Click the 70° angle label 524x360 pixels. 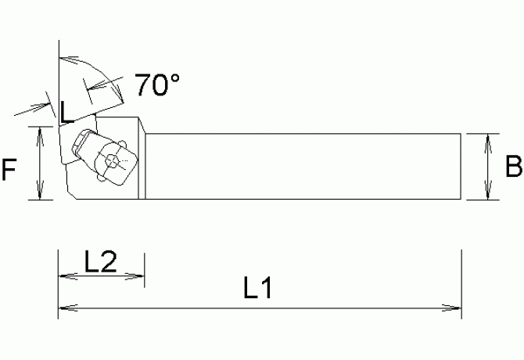click(156, 85)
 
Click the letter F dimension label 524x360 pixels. click(9, 170)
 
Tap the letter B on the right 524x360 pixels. click(513, 167)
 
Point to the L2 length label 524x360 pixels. click(100, 261)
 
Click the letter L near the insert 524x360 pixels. click(67, 113)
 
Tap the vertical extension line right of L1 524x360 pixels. click(462, 282)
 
